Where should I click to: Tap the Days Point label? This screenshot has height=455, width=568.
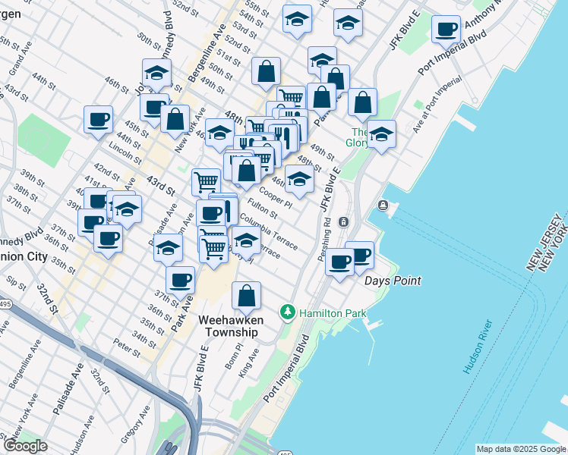393,281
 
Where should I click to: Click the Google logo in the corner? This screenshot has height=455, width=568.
25,446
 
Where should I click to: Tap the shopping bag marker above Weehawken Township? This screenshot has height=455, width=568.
247,297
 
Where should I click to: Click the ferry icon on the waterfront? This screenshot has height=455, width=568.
383,206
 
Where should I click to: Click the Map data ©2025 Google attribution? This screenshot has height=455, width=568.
521,449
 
